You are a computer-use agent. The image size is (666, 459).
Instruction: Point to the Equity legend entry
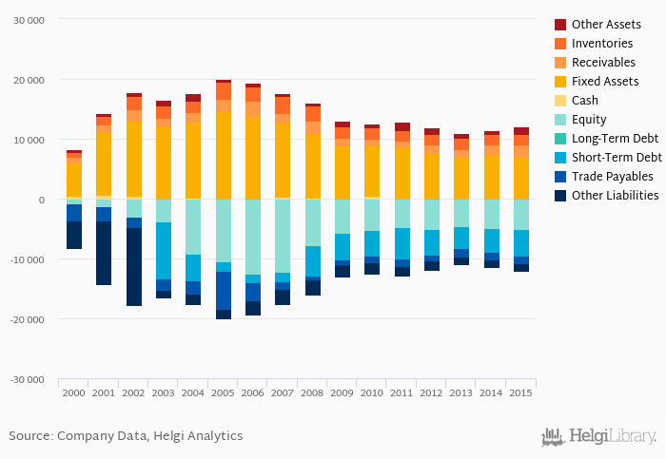589,120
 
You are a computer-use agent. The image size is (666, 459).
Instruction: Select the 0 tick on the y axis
41,200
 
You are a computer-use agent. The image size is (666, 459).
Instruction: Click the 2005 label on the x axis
223,392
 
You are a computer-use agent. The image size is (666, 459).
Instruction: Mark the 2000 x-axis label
73,392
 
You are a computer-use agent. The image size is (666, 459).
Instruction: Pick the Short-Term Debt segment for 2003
164,251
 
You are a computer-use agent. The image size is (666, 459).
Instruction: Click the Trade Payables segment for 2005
223,291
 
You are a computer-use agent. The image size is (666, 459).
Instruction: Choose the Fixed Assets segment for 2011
402,171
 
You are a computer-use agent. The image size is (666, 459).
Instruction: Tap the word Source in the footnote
29,436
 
